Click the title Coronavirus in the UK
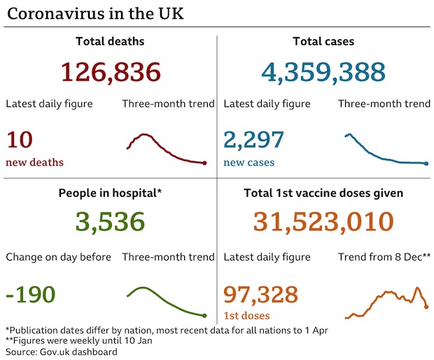(x=96, y=13)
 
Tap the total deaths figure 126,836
(x=111, y=72)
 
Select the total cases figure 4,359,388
(x=323, y=72)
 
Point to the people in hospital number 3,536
(x=111, y=222)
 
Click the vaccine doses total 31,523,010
(x=323, y=222)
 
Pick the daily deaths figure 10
(x=20, y=140)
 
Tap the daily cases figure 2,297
(x=253, y=140)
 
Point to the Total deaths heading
(x=110, y=41)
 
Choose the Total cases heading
(x=323, y=41)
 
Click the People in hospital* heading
(x=110, y=193)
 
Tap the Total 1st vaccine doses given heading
(x=323, y=193)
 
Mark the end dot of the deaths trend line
(x=204, y=163)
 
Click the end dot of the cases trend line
(x=426, y=164)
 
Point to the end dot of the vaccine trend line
(x=426, y=307)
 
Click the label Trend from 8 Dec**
(x=384, y=257)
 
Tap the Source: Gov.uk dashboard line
(x=61, y=352)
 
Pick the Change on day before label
(x=58, y=257)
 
